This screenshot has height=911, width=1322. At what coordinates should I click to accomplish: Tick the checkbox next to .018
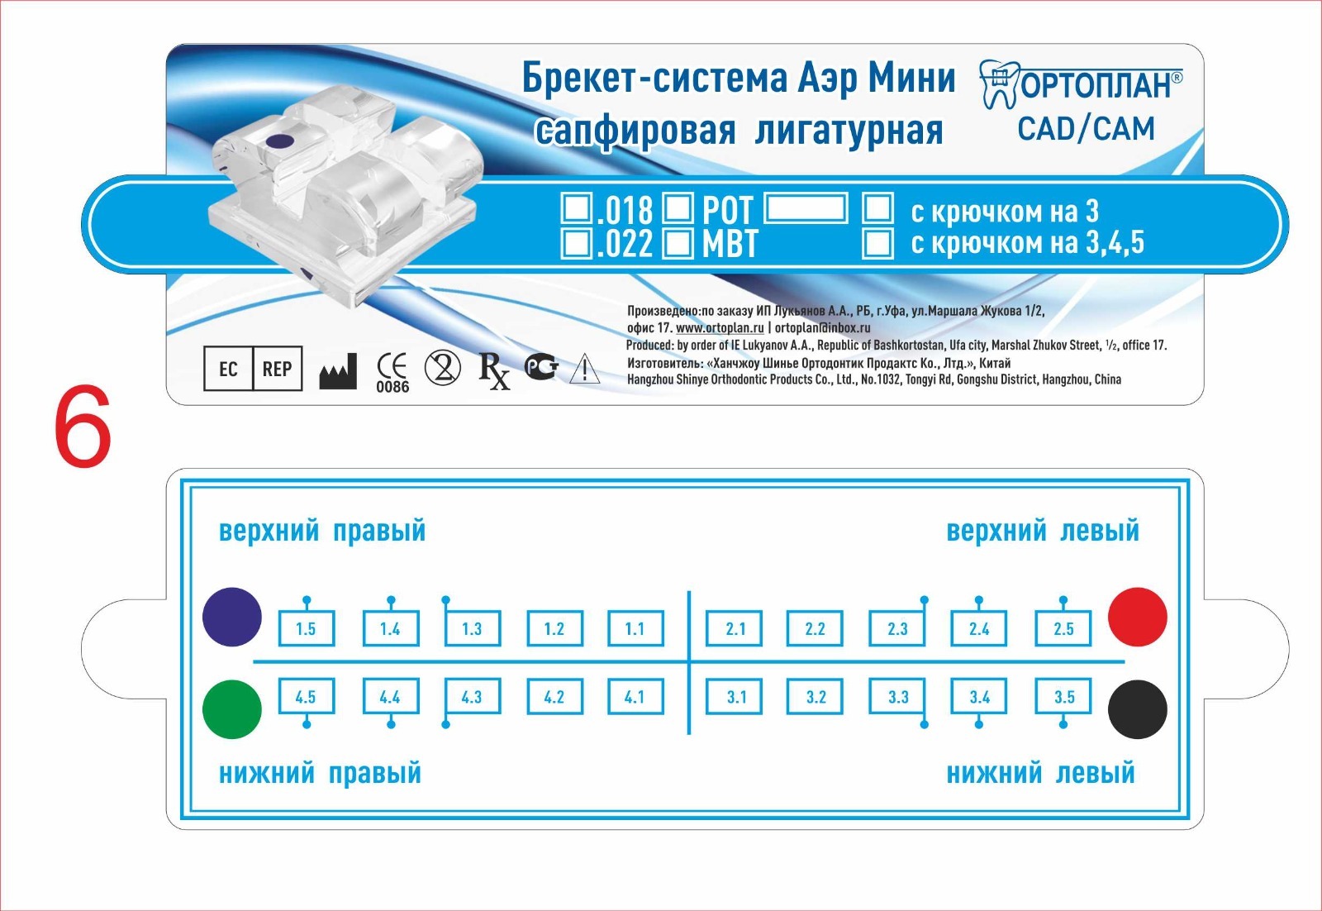coord(576,208)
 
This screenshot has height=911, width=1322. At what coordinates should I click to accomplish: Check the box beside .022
coord(576,243)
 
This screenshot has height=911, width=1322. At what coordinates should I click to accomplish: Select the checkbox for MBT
coord(678,243)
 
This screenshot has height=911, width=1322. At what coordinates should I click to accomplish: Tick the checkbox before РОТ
coord(678,208)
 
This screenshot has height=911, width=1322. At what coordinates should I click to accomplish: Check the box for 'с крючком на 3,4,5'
coord(877,243)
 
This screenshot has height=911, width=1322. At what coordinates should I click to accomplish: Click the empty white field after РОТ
coord(806,207)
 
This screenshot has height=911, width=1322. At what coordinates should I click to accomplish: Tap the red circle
coord(1137,617)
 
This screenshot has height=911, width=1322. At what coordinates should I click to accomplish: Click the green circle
coord(232,709)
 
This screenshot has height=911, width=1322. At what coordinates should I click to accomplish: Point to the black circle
coord(1137,709)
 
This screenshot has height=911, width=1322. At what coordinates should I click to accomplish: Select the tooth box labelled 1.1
coord(635,629)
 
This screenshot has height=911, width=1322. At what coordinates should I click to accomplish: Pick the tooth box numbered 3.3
coord(897,697)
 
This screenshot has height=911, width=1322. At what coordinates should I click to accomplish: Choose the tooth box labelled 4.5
coord(307,697)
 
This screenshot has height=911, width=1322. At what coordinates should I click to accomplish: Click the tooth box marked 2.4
coord(979,629)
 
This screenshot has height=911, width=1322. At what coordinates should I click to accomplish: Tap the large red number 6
coord(83,426)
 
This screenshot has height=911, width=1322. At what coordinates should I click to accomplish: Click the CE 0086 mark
coord(392,373)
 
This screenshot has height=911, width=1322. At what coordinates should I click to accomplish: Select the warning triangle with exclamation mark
coord(585,369)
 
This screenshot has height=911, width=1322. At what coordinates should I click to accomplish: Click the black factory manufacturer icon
coord(338,371)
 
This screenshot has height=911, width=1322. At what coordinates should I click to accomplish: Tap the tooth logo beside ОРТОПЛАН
coord(999,84)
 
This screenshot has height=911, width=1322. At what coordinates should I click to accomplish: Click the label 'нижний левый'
coord(1040,774)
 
